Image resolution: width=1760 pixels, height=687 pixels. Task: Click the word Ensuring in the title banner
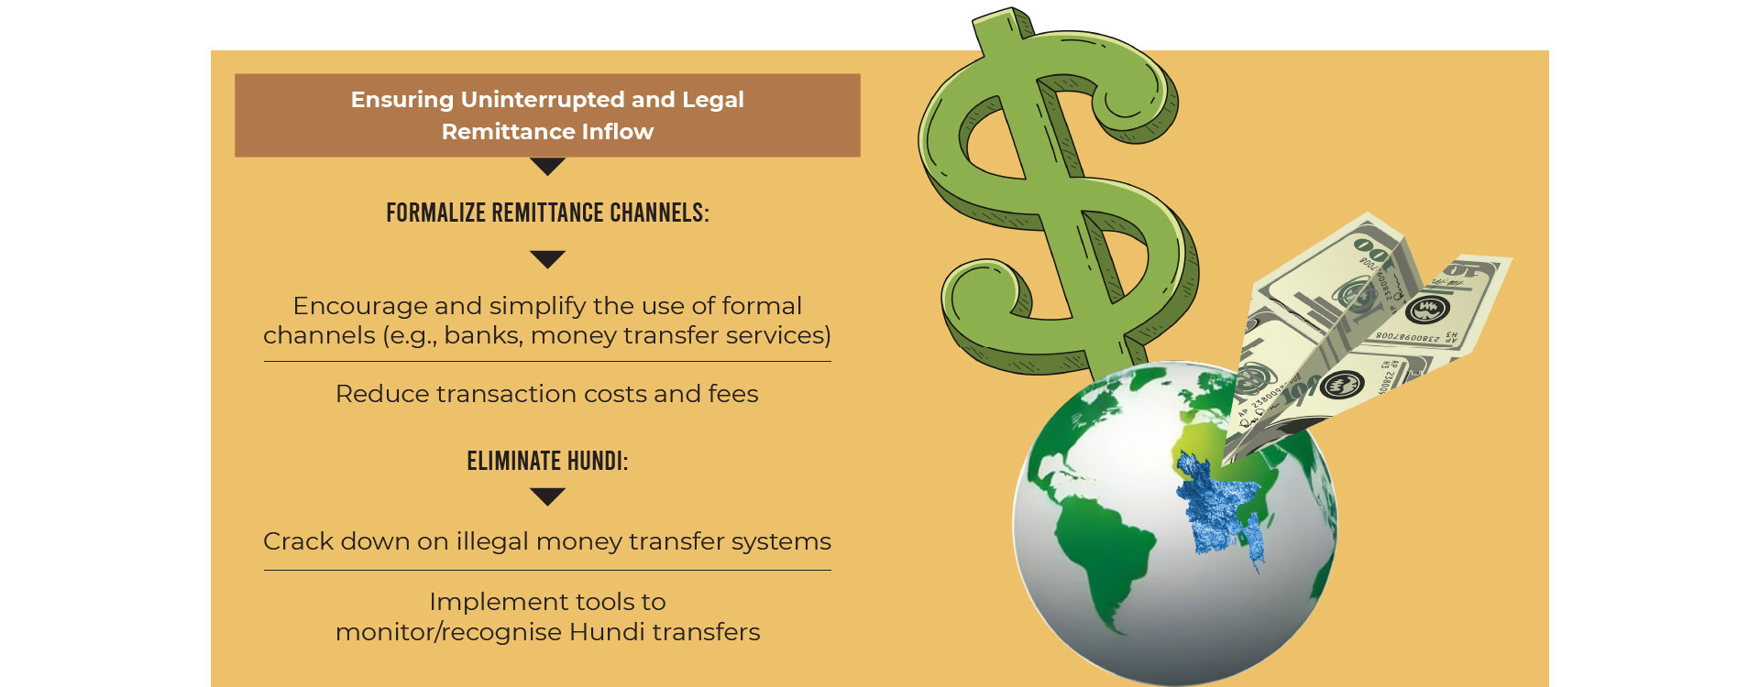pos(402,101)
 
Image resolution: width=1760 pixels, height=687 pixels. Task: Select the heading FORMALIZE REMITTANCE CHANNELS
pos(547,213)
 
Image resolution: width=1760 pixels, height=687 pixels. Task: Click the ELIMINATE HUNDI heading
pos(547,461)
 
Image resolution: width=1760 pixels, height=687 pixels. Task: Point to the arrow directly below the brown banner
pos(547,166)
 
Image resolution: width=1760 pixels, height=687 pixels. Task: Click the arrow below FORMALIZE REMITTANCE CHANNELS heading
pos(547,259)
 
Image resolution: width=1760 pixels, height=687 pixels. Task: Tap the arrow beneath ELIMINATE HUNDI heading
pos(547,496)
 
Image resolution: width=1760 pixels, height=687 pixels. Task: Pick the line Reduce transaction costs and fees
pos(547,394)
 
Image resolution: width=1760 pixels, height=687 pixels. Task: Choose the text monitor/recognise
pos(448,633)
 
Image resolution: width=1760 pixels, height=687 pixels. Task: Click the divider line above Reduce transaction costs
pos(547,362)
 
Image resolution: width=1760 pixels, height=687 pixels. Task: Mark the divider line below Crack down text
pos(547,570)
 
